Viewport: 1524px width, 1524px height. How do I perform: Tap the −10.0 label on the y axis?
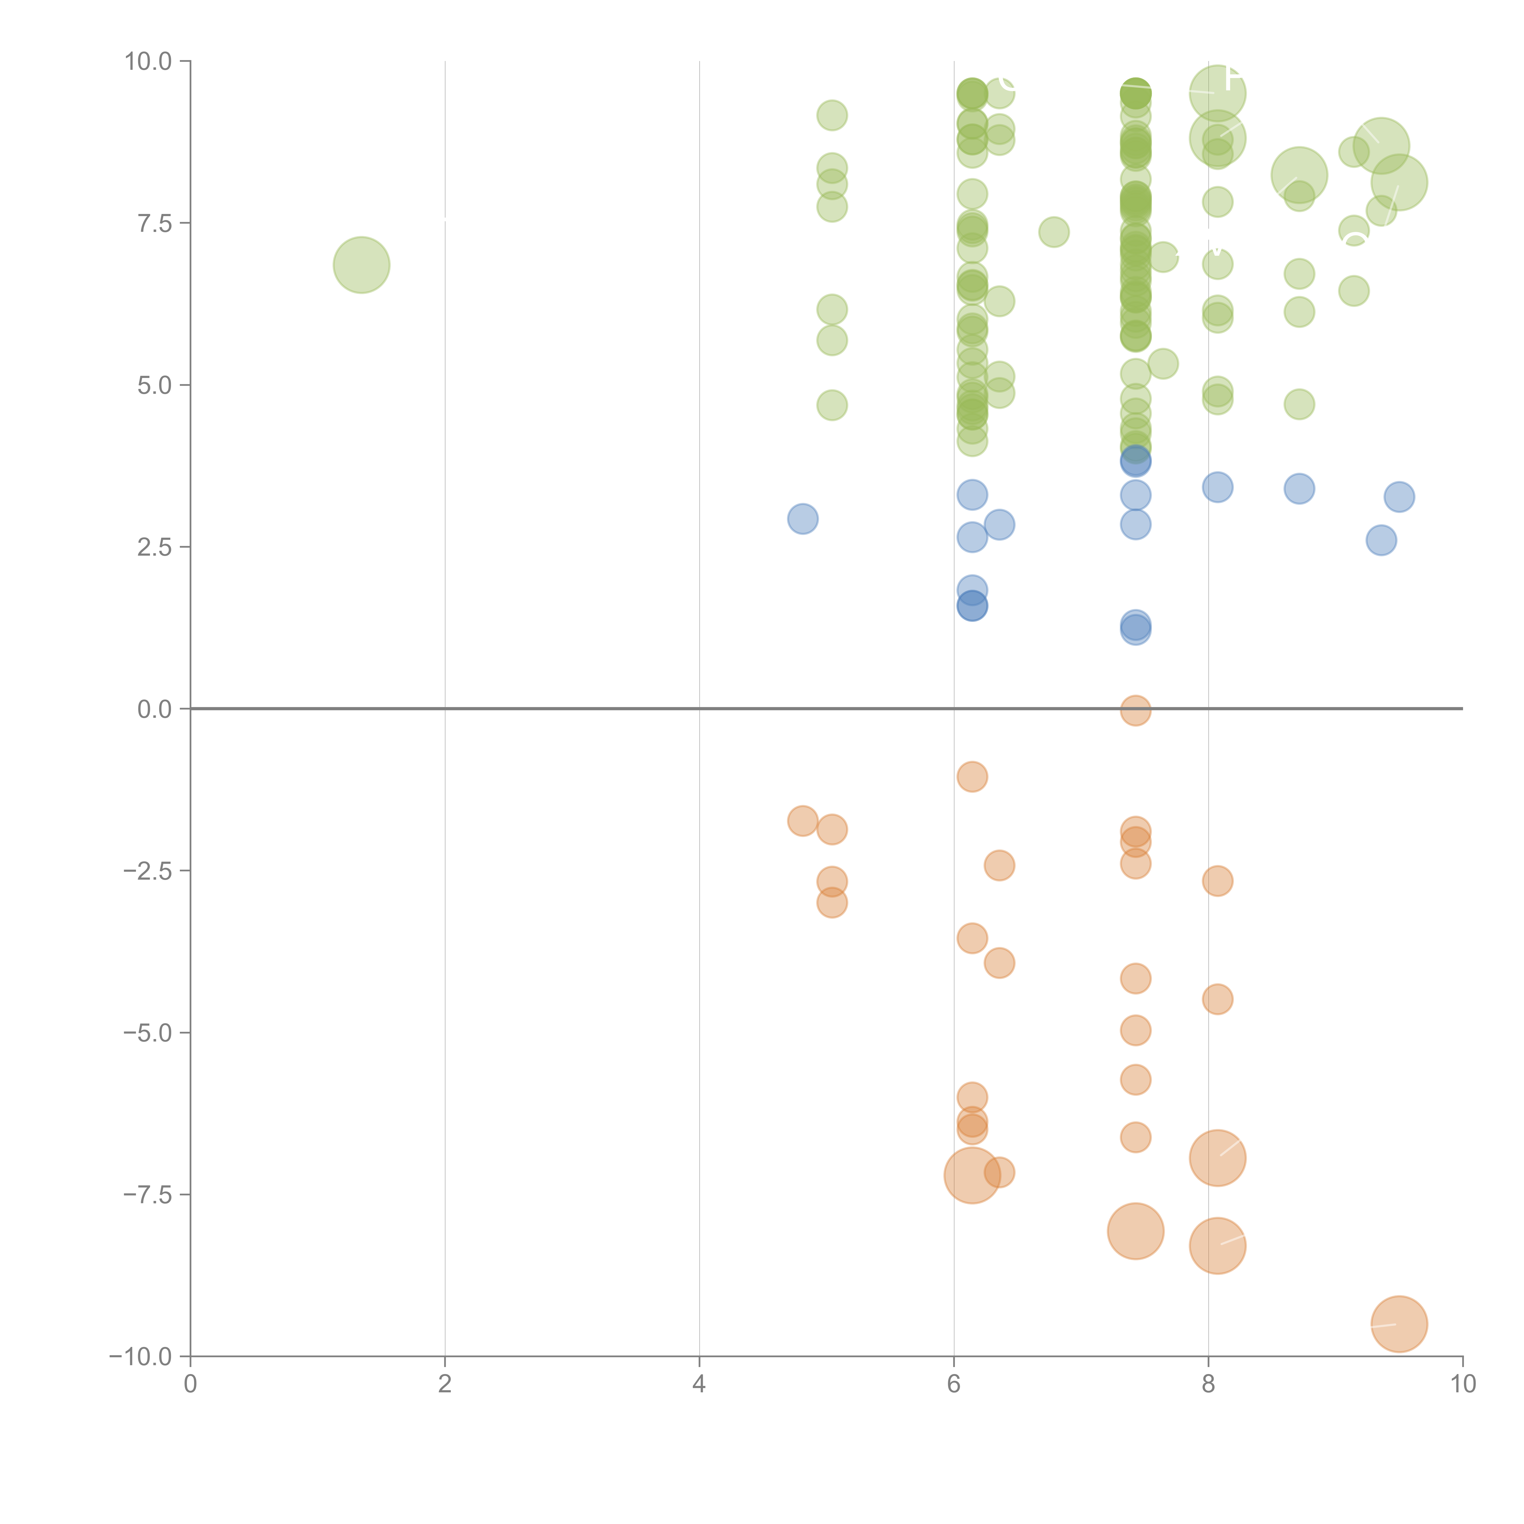click(x=141, y=1357)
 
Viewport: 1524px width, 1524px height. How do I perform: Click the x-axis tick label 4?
click(x=699, y=1384)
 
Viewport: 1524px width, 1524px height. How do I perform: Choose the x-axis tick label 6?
click(x=954, y=1384)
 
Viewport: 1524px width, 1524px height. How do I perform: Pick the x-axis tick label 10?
click(x=1462, y=1384)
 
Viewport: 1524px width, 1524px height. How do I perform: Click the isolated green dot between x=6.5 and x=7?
click(x=1054, y=232)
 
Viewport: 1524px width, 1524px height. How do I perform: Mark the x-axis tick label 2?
click(x=445, y=1384)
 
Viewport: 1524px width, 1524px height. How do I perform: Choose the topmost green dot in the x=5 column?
click(x=831, y=115)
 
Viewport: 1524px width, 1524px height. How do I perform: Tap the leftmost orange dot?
click(x=802, y=821)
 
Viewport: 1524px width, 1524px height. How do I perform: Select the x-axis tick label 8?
click(x=1209, y=1384)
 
